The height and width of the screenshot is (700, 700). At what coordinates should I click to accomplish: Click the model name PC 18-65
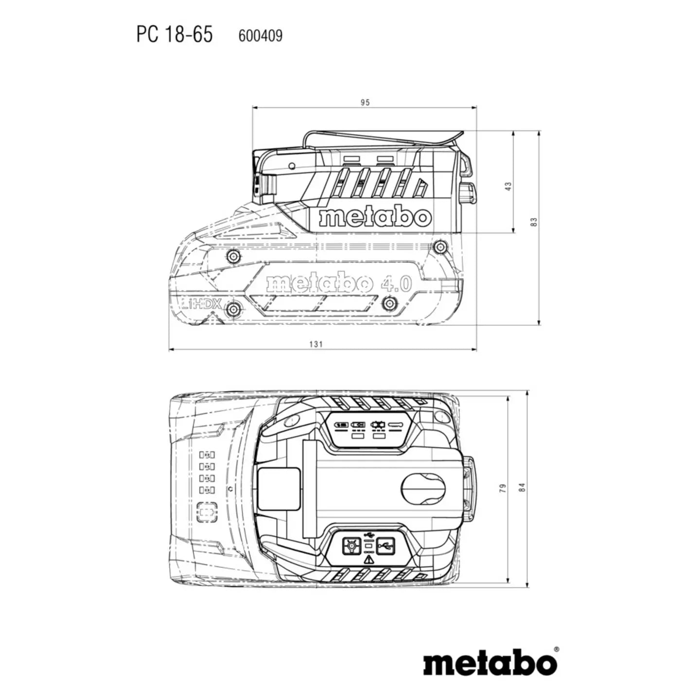click(x=175, y=35)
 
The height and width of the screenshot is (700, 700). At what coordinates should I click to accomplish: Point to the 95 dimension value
click(x=365, y=103)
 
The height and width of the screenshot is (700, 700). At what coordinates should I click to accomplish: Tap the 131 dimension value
click(x=316, y=344)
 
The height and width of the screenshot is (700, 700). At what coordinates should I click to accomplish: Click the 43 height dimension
click(x=508, y=186)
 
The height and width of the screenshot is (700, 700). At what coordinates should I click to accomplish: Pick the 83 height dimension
click(x=534, y=222)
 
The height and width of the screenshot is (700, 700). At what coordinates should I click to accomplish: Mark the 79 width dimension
click(x=503, y=488)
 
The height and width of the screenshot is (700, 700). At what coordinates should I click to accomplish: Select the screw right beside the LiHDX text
click(x=233, y=310)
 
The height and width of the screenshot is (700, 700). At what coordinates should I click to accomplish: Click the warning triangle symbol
click(x=368, y=569)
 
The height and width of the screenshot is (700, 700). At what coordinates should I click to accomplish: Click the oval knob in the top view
click(x=423, y=490)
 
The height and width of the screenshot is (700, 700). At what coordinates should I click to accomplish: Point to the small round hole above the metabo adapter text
click(x=292, y=166)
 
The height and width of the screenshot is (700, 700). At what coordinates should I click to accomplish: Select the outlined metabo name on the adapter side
click(x=375, y=217)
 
